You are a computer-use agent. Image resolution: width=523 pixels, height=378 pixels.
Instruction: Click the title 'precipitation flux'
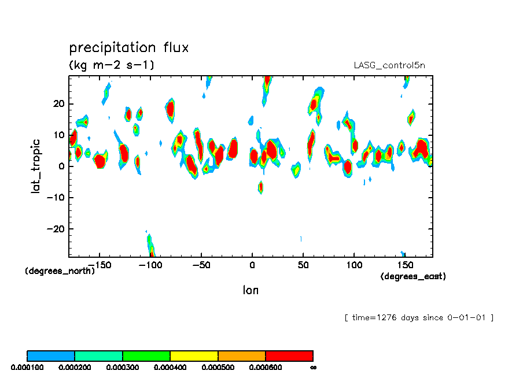coord(129,47)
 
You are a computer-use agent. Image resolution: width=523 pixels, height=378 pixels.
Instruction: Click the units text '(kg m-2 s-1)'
coord(112,65)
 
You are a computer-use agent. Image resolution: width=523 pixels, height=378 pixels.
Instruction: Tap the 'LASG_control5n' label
coord(389,65)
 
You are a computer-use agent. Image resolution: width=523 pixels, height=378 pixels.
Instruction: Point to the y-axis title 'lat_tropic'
coord(36,165)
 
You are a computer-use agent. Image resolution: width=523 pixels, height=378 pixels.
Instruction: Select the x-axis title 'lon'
coord(251,290)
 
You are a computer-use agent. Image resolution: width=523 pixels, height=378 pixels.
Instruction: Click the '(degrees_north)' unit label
coord(60,270)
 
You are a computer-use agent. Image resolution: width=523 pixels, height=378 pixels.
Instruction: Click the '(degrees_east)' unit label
coord(413,277)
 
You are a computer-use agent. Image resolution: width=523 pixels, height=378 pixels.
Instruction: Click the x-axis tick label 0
coord(252,265)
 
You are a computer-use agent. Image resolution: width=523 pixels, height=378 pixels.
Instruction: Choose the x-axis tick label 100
coord(353,265)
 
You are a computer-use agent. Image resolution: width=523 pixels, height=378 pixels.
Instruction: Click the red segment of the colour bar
coord(289,355)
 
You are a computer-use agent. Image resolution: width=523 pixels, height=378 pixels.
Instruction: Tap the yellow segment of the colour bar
coord(194,355)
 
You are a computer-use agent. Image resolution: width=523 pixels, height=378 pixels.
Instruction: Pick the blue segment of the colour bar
coord(51,355)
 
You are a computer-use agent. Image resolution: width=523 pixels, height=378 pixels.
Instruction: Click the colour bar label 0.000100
coord(27,367)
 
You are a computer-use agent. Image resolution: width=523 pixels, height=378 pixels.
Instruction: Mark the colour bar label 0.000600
coord(265,367)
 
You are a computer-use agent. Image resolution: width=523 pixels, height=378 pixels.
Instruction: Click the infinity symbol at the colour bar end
coord(313,367)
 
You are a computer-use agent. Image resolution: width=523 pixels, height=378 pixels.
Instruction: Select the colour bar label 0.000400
coord(170,367)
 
